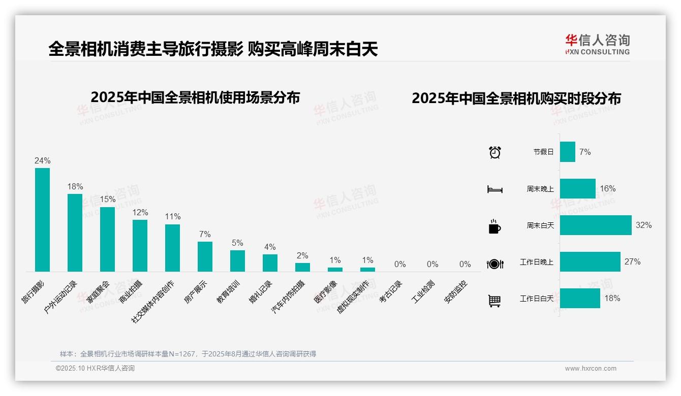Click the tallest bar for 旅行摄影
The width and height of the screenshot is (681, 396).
(42, 219)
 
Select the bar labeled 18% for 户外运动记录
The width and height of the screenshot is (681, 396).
(75, 233)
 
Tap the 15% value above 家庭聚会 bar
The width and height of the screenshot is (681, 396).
(107, 200)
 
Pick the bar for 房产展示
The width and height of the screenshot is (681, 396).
(205, 256)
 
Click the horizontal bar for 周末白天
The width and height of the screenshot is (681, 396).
(595, 225)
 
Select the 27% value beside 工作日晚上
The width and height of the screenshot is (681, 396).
(632, 262)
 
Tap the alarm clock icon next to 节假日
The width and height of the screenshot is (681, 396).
(494, 152)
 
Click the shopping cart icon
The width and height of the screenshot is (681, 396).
(494, 301)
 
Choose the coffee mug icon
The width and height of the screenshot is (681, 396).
(494, 226)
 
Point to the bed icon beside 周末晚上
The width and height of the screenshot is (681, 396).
(494, 189)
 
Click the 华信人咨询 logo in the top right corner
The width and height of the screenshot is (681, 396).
(597, 44)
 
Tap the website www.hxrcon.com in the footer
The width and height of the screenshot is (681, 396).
(590, 369)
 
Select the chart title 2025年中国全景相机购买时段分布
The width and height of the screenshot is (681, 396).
(516, 98)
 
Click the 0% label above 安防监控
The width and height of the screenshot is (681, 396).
(465, 264)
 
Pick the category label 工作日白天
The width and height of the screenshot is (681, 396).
(536, 299)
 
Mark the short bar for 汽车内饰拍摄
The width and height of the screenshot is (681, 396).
(302, 267)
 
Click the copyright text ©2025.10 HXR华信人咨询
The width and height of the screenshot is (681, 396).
(95, 369)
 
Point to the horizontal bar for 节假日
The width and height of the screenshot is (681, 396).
(567, 152)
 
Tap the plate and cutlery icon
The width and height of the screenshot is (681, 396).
(494, 263)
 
